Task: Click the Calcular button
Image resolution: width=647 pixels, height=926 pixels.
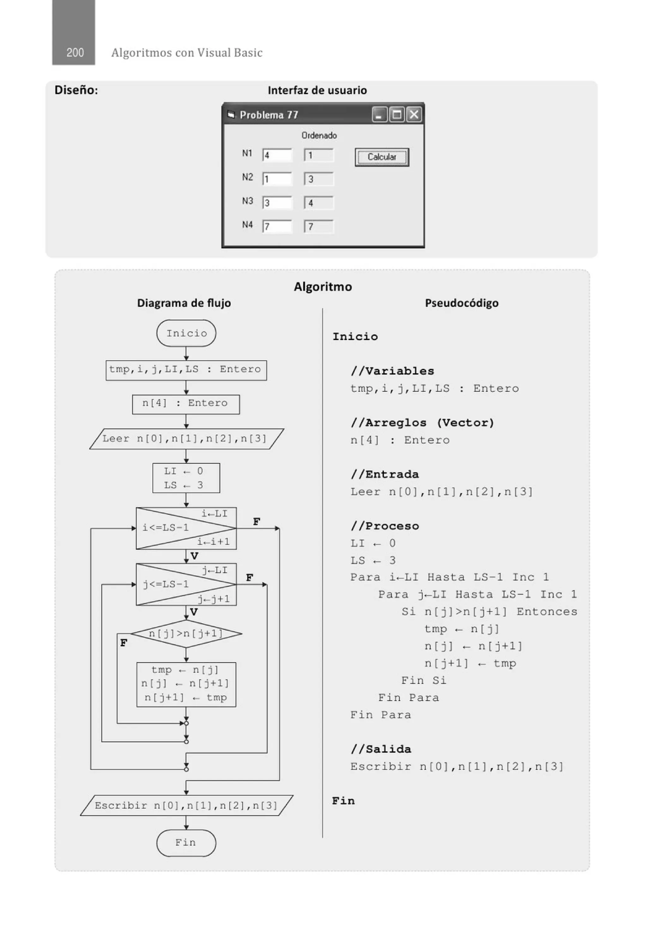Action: click(382, 157)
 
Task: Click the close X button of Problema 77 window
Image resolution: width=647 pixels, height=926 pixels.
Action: click(414, 115)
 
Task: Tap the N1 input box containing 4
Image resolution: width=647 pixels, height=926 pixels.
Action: click(277, 155)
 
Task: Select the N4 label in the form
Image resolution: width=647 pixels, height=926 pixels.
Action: click(247, 225)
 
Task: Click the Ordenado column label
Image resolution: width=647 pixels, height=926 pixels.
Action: click(319, 136)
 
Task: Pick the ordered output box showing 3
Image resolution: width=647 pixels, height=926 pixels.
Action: click(319, 179)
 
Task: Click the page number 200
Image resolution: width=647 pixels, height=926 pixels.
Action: click(75, 52)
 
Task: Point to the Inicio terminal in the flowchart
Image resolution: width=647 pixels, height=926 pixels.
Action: click(186, 333)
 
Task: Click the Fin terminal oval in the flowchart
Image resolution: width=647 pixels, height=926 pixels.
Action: click(186, 843)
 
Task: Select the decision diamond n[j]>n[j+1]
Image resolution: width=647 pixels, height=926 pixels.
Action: click(186, 633)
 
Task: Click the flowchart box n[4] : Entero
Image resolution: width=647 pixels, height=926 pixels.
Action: click(186, 404)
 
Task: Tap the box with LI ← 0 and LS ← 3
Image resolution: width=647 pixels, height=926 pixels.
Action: click(186, 478)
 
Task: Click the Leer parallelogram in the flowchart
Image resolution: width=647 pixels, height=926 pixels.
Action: click(186, 439)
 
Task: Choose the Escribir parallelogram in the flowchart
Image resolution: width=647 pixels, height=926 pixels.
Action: click(186, 805)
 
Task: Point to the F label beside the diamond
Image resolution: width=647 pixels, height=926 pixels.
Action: click(124, 643)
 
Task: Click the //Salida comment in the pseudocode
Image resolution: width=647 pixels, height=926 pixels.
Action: click(381, 749)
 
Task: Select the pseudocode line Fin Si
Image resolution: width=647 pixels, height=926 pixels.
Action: click(424, 681)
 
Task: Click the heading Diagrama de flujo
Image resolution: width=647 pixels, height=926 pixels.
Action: click(184, 303)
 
